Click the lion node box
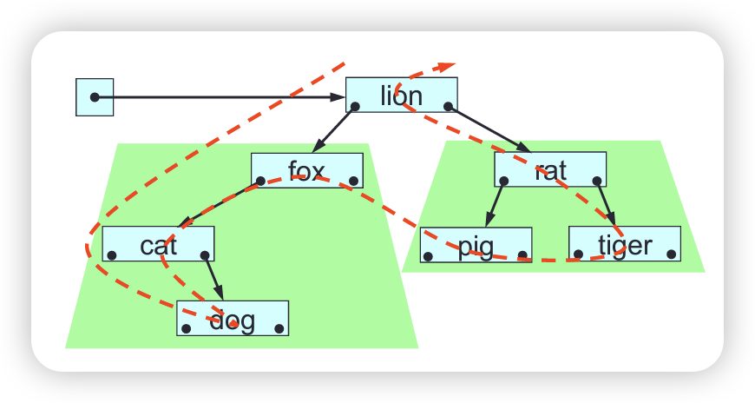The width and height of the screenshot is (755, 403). tap(401, 95)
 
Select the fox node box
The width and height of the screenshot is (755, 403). tap(306, 170)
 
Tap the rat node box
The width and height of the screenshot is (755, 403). tap(550, 169)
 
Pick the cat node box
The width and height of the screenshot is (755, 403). tap(158, 244)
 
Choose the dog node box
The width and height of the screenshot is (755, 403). tap(233, 319)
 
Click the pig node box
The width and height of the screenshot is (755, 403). tap(476, 245)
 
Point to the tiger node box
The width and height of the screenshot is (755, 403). tap(624, 244)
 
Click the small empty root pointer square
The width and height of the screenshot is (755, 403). tap(95, 97)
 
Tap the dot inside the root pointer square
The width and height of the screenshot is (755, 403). tap(95, 97)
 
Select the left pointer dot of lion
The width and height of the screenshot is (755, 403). tap(355, 107)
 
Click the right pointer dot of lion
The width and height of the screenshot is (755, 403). tap(448, 107)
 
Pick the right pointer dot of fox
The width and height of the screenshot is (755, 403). tap(353, 182)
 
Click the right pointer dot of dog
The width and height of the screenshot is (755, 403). tap(279, 329)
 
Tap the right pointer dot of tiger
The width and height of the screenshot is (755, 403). tap(671, 254)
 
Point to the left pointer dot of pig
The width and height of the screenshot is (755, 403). tap(429, 256)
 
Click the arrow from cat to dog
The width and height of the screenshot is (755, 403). tap(213, 278)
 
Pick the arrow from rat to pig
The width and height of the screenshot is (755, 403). tap(494, 204)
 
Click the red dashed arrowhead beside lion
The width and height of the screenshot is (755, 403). tap(445, 66)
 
